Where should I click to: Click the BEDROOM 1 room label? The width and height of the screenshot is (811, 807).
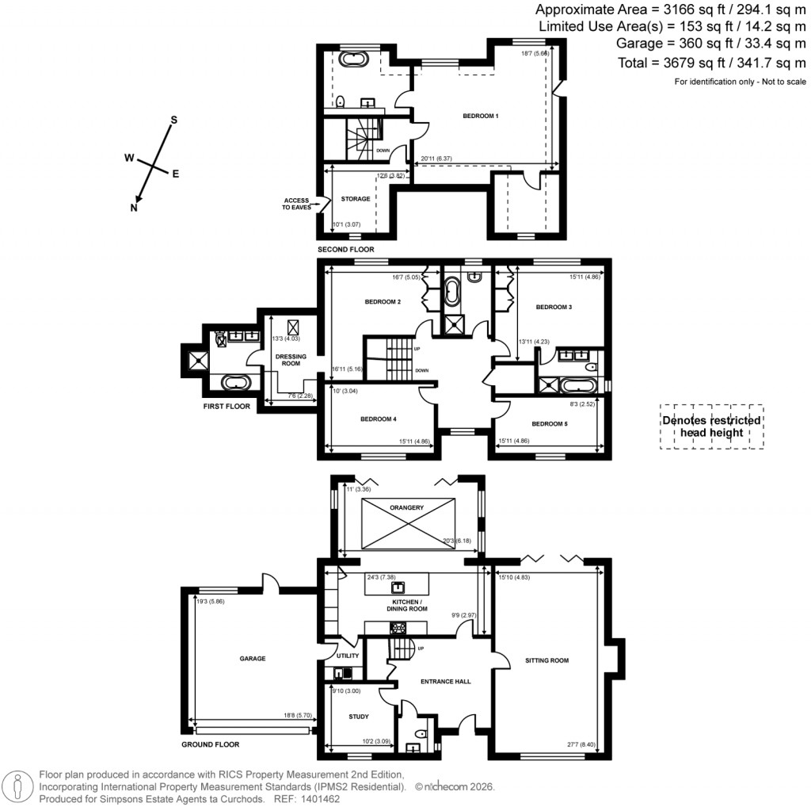coord(481,116)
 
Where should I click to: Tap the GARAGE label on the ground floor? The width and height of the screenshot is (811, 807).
coord(253,659)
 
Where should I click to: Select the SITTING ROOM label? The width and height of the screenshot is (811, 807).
coord(546,660)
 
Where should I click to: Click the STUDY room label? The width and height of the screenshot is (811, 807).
coord(358,717)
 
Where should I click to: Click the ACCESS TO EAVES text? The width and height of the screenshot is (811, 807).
coord(299,204)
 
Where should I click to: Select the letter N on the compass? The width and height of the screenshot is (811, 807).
coord(134,208)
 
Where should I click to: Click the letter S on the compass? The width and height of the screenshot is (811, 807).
coord(174,120)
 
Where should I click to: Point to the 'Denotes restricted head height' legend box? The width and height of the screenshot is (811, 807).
coord(712,426)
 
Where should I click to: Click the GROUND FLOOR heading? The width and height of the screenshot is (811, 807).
coord(210,745)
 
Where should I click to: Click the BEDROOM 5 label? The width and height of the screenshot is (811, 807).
coord(550,424)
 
